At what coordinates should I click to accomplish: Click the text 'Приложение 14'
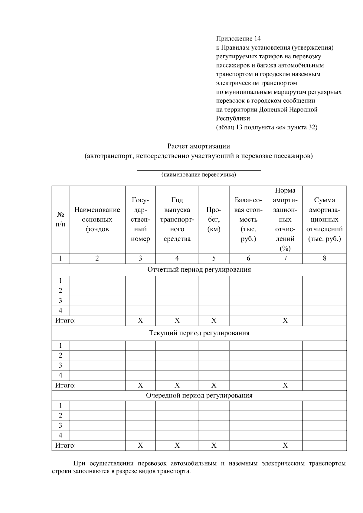pos(238,39)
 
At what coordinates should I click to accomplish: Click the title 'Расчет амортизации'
pos(199,146)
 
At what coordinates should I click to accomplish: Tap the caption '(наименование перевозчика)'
pos(199,175)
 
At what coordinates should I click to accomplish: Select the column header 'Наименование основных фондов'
pos(97,219)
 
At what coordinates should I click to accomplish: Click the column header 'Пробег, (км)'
pos(214,219)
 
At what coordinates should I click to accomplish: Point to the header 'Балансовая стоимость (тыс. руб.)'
pos(248,219)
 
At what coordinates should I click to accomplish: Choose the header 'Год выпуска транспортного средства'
pos(177,219)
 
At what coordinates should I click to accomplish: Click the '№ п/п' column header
pos(60,219)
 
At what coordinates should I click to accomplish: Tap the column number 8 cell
pos(325,258)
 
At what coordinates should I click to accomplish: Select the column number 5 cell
pos(214,258)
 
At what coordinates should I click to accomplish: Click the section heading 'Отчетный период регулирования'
pos(199,270)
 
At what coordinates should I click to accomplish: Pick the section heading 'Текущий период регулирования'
pos(199,333)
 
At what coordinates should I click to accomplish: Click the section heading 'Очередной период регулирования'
pos(199,396)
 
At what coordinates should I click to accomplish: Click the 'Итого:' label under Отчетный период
pos(65,321)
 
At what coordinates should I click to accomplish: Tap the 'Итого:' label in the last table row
pos(65,446)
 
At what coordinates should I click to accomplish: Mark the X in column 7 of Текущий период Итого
pos(285,385)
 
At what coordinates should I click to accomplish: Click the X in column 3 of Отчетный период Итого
pos(140,321)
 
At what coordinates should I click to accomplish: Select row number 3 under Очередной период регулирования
pos(60,426)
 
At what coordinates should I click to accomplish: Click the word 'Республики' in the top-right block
pos(233,119)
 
